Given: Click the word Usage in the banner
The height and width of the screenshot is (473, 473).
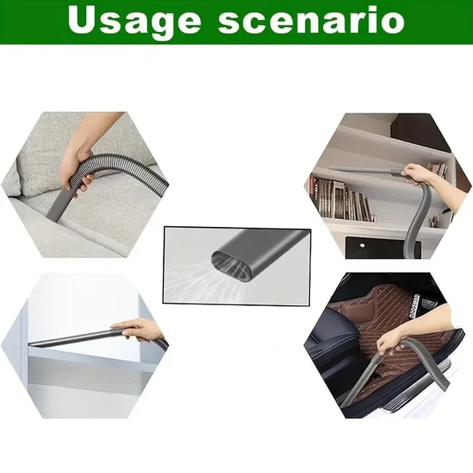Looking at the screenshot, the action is pyautogui.click(x=134, y=22).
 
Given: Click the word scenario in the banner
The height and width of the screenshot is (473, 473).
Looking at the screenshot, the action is pyautogui.click(x=312, y=20).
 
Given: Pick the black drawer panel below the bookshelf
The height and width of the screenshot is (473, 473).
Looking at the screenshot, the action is pyautogui.click(x=383, y=248).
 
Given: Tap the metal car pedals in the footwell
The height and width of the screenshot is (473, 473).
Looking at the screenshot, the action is pyautogui.click(x=422, y=303).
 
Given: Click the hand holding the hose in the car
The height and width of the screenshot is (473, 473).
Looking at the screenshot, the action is pyautogui.click(x=389, y=341).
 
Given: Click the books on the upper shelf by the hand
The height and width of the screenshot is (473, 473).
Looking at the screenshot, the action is pyautogui.click(x=437, y=169).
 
